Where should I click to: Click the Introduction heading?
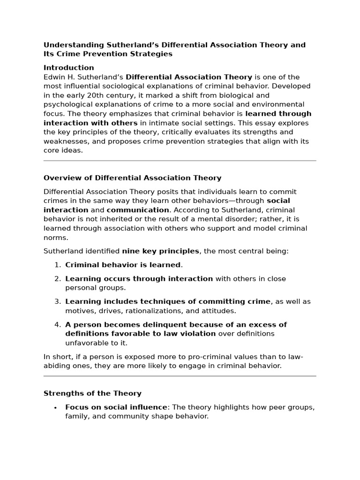point(68,67)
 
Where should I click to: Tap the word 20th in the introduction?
point(97,95)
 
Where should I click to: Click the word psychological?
point(68,105)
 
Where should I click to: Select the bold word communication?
point(138,210)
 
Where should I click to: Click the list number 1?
point(57,265)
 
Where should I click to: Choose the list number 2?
point(57,278)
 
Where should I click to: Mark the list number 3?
point(57,301)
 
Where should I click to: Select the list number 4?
point(57,324)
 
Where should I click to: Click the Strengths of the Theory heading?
point(92,393)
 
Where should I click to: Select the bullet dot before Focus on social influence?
point(55,408)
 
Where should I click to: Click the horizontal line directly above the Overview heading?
point(180,161)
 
